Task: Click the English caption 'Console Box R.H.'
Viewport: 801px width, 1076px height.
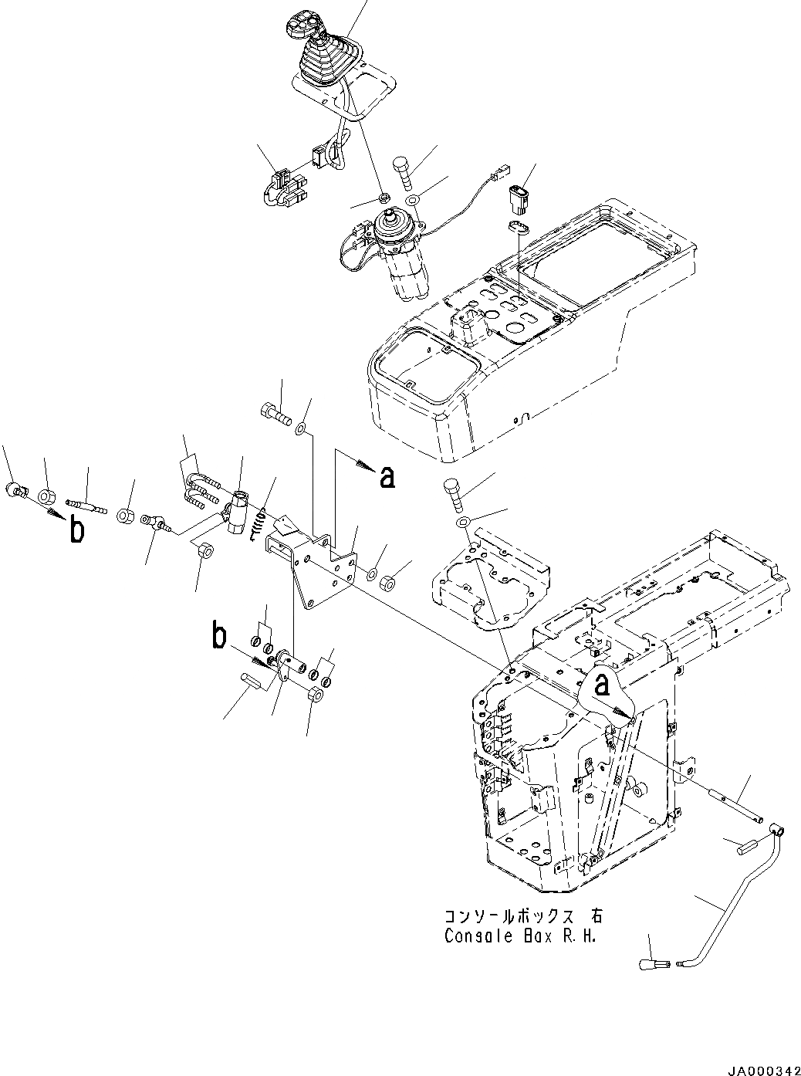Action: pyautogui.click(x=522, y=936)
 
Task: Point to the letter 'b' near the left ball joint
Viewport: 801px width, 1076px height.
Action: pyautogui.click(x=76, y=531)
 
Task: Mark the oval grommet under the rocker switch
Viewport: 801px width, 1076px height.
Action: pyautogui.click(x=521, y=227)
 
